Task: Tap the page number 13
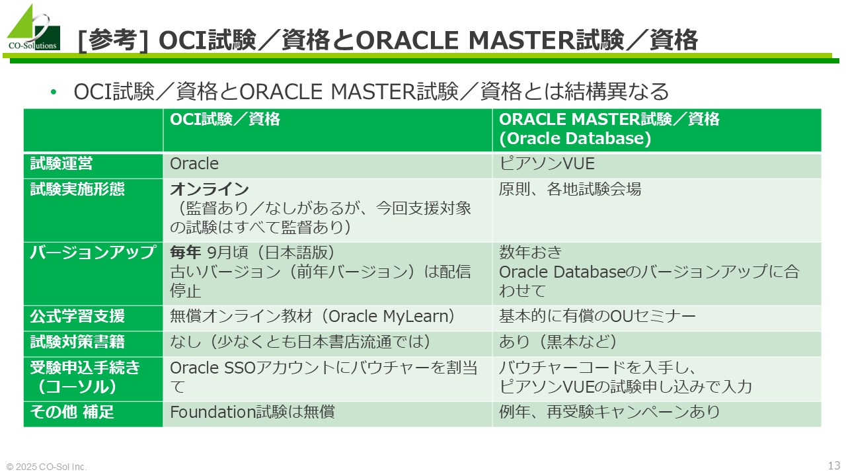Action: coord(834,465)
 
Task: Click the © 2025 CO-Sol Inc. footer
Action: coord(46,467)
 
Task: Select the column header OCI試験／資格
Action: coord(225,120)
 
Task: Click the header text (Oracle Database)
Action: coord(575,138)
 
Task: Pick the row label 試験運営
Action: coord(61,163)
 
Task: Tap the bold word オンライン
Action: coord(210,189)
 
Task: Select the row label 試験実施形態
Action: coord(77,189)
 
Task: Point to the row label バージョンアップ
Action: coord(93,253)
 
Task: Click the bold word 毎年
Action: coord(186,253)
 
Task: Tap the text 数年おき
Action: coord(530,253)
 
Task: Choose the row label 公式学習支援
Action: coord(77,316)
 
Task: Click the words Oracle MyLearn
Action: coord(388,316)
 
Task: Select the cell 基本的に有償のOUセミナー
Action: coord(597,316)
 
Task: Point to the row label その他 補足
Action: coord(72,412)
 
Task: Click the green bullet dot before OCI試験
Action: coord(54,92)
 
